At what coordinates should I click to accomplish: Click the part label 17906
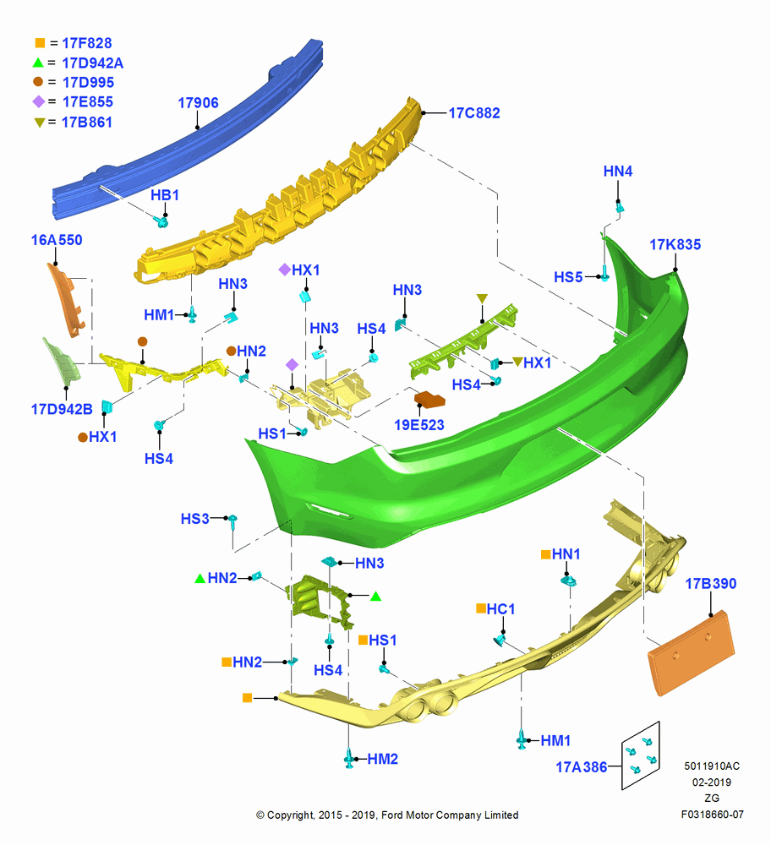point(198,103)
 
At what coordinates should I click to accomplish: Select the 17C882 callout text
point(474,113)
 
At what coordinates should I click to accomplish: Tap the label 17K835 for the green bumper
point(675,245)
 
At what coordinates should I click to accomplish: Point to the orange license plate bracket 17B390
point(692,652)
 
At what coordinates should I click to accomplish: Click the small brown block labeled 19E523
point(429,400)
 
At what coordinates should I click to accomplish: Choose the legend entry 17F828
point(87,43)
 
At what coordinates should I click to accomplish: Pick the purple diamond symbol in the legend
point(39,101)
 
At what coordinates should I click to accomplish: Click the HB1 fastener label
point(165,195)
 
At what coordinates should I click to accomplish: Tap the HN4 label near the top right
point(617,172)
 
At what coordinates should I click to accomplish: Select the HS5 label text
point(568,277)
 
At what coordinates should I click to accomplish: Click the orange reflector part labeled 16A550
point(66,300)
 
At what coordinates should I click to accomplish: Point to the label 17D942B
point(62,410)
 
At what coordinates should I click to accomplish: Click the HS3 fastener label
point(194,519)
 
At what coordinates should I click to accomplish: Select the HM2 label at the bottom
point(382,760)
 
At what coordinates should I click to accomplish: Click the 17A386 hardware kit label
point(582,767)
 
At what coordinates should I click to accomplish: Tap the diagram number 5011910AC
point(712,766)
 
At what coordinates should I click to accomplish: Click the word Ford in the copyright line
point(390,815)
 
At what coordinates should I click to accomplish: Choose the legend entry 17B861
point(87,123)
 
